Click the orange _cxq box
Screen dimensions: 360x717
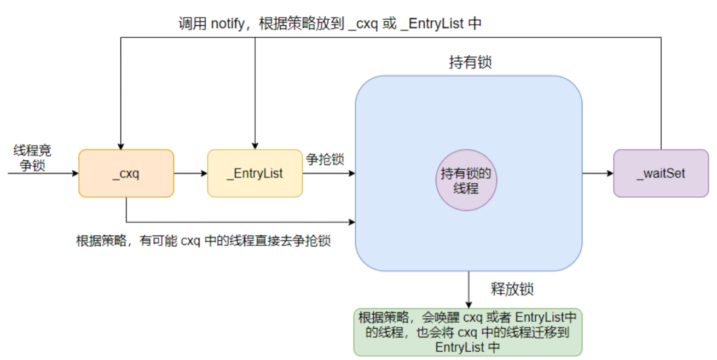point(126,173)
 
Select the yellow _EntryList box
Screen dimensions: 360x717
point(255,173)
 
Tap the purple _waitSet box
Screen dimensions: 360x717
point(661,173)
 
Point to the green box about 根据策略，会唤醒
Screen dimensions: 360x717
point(468,332)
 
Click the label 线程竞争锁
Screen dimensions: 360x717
point(32,158)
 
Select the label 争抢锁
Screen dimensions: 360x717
point(325,159)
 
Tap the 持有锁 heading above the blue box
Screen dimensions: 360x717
point(470,62)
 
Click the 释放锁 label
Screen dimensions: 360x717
point(512,289)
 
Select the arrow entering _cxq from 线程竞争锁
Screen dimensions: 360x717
point(44,173)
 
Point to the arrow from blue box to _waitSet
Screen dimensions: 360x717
point(598,173)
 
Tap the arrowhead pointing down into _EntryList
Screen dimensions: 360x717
point(255,146)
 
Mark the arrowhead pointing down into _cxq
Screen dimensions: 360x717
point(120,146)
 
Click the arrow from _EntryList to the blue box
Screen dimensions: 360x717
point(328,173)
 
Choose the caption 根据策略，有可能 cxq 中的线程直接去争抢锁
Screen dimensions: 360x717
point(203,241)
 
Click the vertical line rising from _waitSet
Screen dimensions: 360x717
point(661,93)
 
